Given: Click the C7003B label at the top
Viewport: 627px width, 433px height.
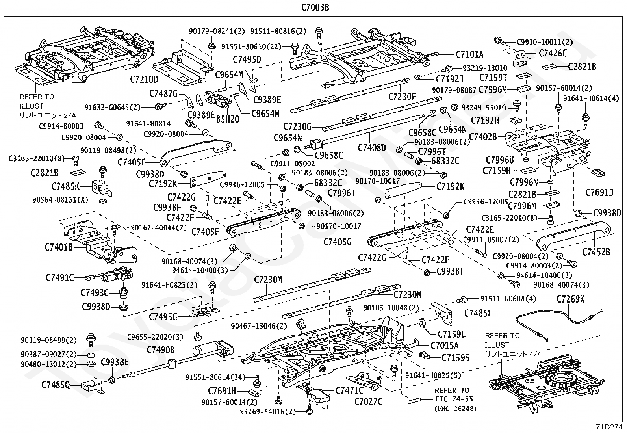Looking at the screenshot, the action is tap(315, 7).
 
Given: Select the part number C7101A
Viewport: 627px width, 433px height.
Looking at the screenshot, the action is tap(469, 54).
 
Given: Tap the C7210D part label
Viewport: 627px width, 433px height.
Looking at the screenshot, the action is tap(144, 80).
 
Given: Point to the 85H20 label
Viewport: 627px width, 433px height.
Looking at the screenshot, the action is tap(228, 119).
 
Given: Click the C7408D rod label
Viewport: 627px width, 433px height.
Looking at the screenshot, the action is tap(372, 148).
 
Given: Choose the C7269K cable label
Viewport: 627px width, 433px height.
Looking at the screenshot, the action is tap(570, 299).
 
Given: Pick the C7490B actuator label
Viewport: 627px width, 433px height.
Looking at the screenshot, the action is tap(161, 350).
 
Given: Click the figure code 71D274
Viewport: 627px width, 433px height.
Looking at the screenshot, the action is tap(609, 427).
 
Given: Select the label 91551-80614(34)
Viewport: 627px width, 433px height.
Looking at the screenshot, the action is tap(215, 377).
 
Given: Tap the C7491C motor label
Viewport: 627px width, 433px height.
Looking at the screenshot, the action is tap(60, 277).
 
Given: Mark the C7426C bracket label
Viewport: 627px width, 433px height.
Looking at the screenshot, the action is tap(553, 53).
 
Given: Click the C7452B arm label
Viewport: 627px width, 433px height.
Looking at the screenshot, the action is tap(596, 252).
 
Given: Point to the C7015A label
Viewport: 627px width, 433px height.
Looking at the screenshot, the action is tap(445, 345).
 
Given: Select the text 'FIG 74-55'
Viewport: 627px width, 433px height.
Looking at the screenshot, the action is tap(454, 399).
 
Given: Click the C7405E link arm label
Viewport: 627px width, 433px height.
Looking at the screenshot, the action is tap(132, 162).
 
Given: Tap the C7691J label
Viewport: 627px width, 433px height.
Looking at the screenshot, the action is tap(599, 192).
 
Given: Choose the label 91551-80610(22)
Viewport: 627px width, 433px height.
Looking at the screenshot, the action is tap(251, 47).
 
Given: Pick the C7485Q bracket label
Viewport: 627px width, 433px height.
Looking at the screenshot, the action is tap(56, 385).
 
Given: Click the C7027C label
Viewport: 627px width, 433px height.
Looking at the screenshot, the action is tap(368, 401).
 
